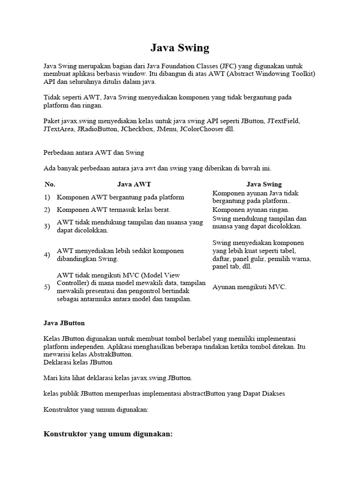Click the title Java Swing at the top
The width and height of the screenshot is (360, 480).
180,48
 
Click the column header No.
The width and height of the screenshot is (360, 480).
50,184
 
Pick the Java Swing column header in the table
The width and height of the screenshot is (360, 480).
264,184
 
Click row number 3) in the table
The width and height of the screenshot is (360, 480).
47,226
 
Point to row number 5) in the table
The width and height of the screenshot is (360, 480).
47,287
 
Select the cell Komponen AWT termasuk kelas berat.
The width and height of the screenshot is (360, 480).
113,210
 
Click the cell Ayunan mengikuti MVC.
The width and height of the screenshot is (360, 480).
249,287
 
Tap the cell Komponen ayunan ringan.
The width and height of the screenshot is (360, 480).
251,210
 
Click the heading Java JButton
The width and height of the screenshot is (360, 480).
64,323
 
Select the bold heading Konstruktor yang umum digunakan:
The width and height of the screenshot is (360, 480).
108,434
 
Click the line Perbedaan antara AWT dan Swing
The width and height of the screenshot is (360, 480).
94,152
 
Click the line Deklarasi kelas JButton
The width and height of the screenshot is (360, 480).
78,362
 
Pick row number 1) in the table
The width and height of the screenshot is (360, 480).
47,197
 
